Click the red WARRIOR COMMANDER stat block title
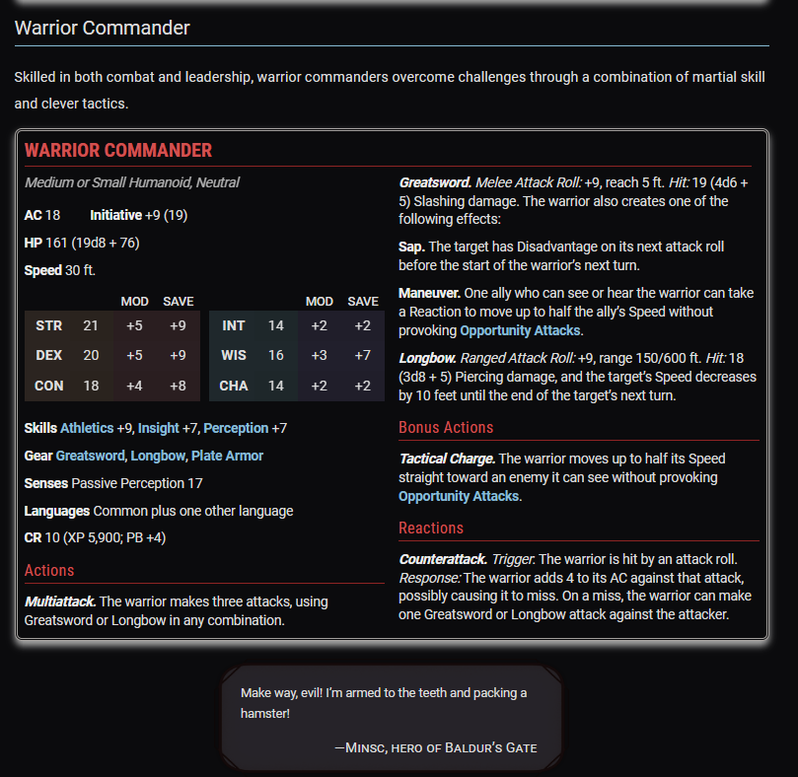pyautogui.click(x=118, y=151)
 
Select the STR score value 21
pyautogui.click(x=91, y=325)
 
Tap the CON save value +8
pyautogui.click(x=178, y=386)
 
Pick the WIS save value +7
pyautogui.click(x=363, y=355)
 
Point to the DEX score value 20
pyautogui.click(x=91, y=355)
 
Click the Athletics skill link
pyautogui.click(x=87, y=428)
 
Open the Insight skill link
pyautogui.click(x=158, y=428)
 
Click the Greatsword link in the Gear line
pyautogui.click(x=90, y=456)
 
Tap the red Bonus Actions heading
pyautogui.click(x=446, y=428)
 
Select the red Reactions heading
pyautogui.click(x=431, y=529)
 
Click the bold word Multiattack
pyautogui.click(x=60, y=601)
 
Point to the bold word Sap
pyautogui.click(x=411, y=247)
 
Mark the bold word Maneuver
pyautogui.click(x=429, y=294)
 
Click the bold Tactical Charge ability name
pyautogui.click(x=447, y=459)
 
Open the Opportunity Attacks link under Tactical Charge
pyautogui.click(x=459, y=496)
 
